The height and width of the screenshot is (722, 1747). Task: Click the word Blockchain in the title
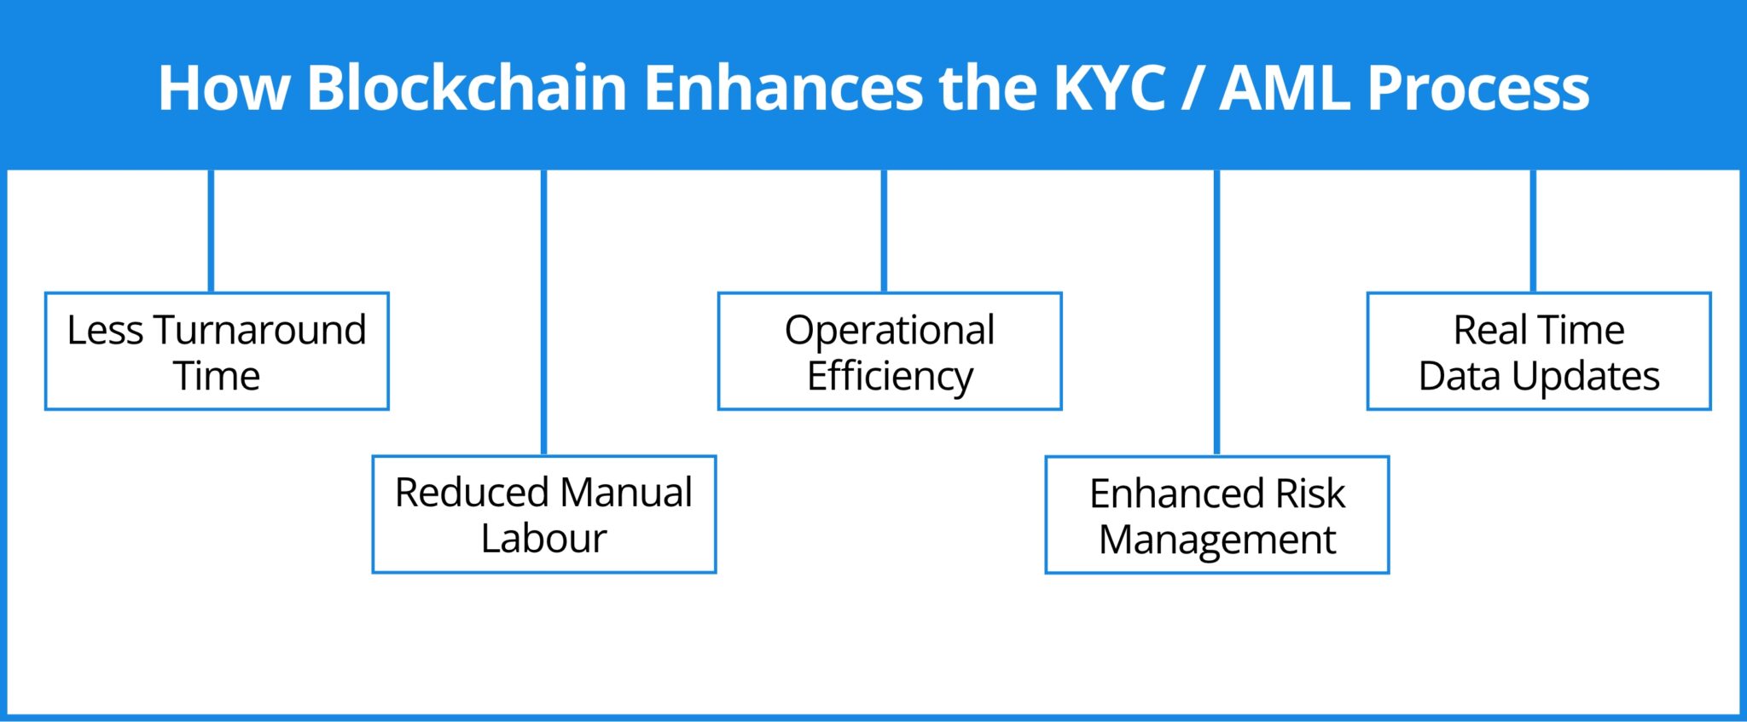coord(467,88)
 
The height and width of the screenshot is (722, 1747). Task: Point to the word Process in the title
coord(1478,88)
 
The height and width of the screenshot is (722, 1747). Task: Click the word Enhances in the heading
coord(783,88)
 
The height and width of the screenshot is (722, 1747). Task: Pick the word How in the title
coord(223,88)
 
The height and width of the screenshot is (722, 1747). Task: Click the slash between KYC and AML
coord(1193,88)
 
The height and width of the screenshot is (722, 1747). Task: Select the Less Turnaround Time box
coord(217,351)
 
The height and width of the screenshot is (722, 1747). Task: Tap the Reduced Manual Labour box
coord(544,514)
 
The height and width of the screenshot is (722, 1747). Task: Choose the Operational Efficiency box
coord(890,351)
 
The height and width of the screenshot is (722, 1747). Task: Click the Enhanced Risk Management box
coord(1217,515)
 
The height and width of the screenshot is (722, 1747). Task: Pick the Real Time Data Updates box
coord(1539,351)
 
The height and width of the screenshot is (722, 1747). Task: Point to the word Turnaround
coord(260,330)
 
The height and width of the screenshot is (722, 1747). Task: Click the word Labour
coord(544,538)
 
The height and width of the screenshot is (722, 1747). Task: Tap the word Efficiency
coord(890,376)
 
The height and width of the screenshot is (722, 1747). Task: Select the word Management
coord(1217,540)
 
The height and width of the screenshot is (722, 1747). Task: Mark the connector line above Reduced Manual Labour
coord(543,312)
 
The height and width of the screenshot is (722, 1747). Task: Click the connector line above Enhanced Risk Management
coord(1216,312)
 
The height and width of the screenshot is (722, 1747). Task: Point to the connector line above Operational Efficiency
coord(884,230)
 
